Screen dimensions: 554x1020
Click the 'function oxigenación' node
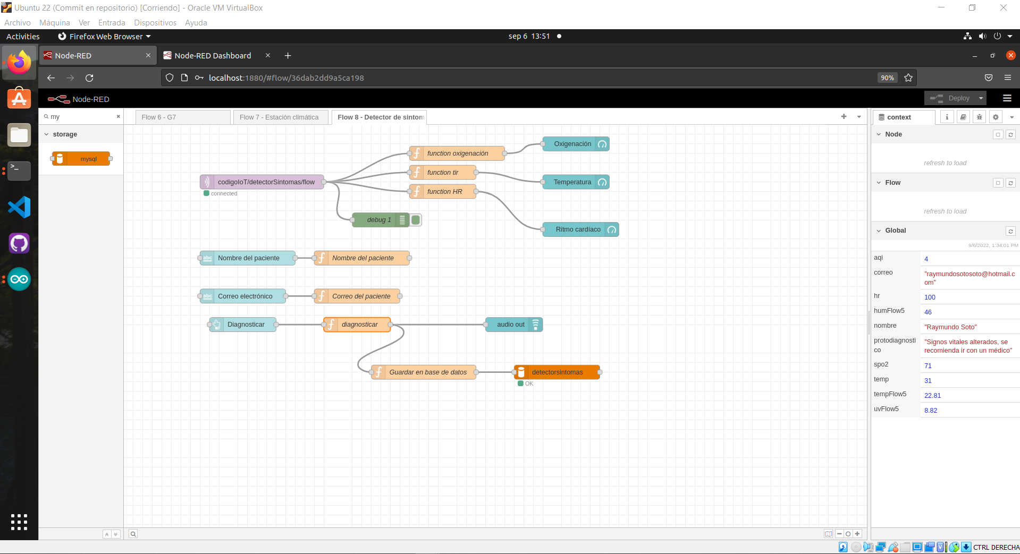coord(457,154)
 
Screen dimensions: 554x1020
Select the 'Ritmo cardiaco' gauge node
coord(578,229)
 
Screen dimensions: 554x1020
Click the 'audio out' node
coord(511,325)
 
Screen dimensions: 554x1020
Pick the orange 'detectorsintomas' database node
coord(557,372)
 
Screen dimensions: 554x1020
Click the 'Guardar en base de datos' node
coord(427,372)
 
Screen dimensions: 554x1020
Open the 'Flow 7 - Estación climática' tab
coord(279,117)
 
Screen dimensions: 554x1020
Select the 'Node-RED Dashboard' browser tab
coord(213,56)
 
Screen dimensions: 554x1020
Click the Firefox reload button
coord(89,78)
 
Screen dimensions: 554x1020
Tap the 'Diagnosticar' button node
coord(246,325)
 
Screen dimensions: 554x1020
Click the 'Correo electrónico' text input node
coord(245,296)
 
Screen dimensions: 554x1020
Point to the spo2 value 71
coord(928,366)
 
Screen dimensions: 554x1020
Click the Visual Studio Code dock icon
coord(19,207)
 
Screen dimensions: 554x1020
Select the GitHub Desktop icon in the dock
coord(19,244)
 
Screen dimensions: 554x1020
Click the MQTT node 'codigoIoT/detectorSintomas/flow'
coord(266,182)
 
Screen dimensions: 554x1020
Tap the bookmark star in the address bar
coord(908,78)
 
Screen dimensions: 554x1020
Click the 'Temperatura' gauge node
coord(572,182)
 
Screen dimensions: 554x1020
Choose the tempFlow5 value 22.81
coord(932,396)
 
